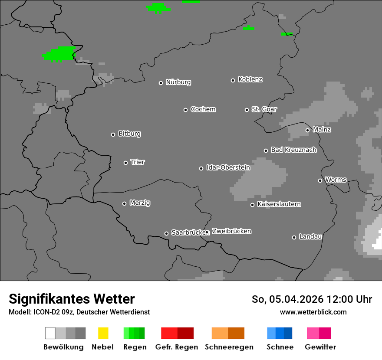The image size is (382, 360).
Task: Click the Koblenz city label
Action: (x=250, y=80)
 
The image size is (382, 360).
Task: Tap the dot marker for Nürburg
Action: (x=161, y=83)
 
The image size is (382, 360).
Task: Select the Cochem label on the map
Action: (x=203, y=109)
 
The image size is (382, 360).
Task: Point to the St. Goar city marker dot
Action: (x=247, y=110)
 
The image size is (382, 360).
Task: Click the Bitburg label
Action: (x=129, y=134)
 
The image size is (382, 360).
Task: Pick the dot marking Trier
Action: (x=125, y=163)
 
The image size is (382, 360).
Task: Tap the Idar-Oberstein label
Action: (x=228, y=167)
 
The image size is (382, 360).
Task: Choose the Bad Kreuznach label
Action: (x=293, y=150)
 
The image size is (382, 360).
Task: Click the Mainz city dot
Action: (x=307, y=130)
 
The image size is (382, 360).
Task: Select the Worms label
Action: (x=336, y=180)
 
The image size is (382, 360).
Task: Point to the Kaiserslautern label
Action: (x=279, y=204)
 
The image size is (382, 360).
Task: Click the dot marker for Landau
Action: (x=294, y=237)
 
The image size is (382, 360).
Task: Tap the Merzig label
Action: (x=140, y=203)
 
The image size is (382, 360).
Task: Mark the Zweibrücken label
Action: (x=231, y=231)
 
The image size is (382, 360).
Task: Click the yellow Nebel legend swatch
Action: (x=103, y=333)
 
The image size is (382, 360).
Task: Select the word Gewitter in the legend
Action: (x=320, y=347)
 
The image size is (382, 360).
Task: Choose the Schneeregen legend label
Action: (x=229, y=347)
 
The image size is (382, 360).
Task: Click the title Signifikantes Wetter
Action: (x=72, y=299)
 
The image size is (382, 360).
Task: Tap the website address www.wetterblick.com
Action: (x=313, y=312)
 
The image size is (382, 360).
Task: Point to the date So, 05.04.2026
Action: (x=287, y=299)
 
